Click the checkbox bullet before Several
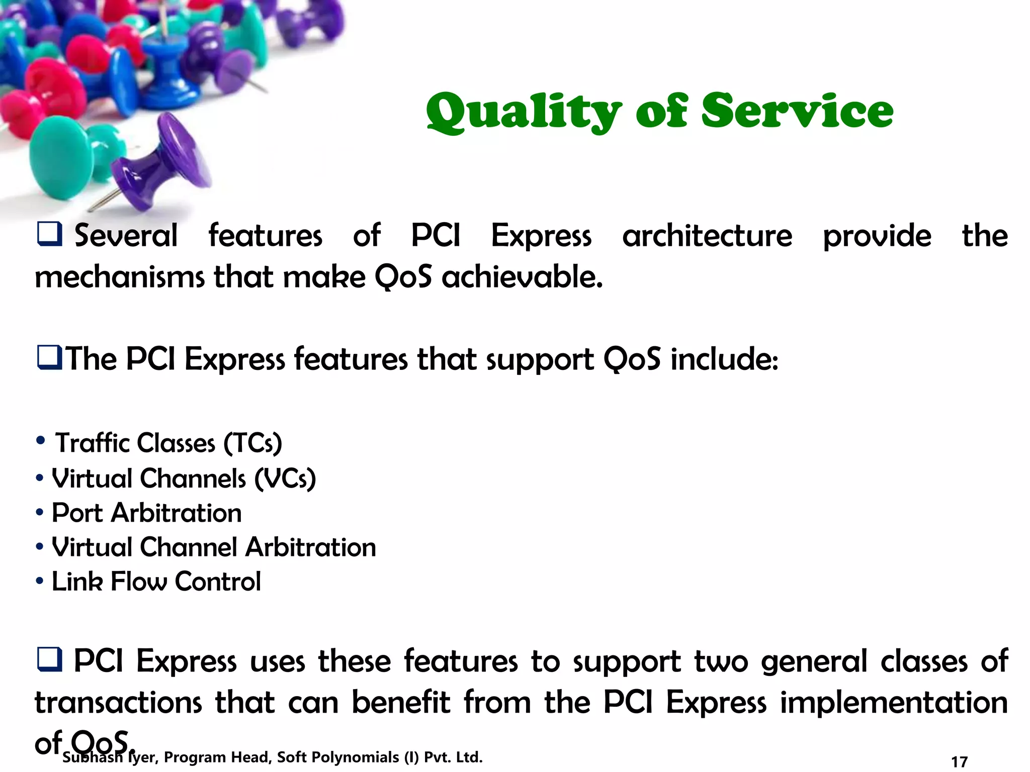point(49,234)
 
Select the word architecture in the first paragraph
point(707,236)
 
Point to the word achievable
point(522,277)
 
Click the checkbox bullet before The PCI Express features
point(49,358)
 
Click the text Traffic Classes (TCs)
point(168,443)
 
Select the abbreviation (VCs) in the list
point(285,478)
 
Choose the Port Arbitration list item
point(146,513)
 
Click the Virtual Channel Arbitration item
point(214,547)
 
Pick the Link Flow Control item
point(156,582)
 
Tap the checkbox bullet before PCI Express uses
point(49,659)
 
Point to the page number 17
point(959,761)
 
